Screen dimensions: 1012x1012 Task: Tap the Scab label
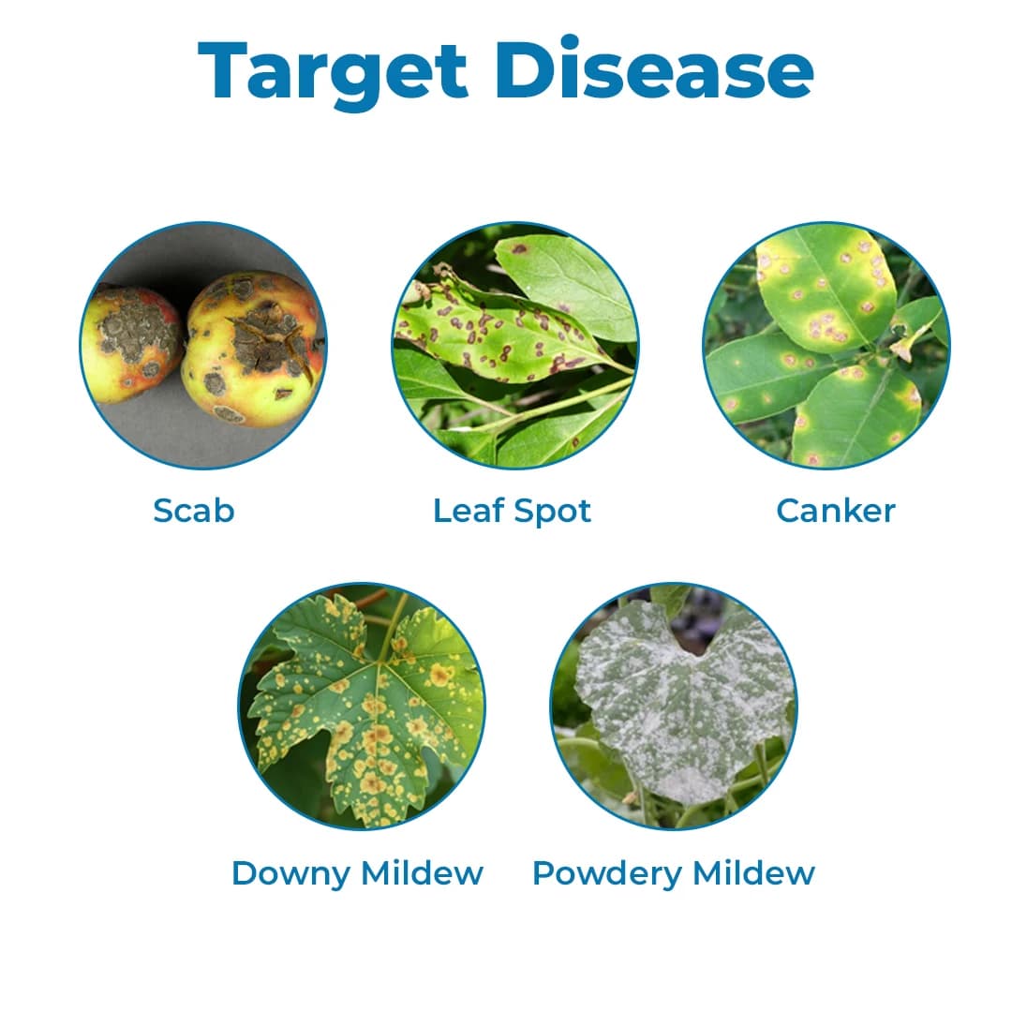(193, 511)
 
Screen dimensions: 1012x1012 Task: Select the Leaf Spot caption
(512, 511)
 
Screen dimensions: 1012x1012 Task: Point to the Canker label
(836, 511)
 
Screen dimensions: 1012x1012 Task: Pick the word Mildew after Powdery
(754, 873)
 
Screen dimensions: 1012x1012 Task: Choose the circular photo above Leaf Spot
(514, 345)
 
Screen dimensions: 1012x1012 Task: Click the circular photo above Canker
(826, 345)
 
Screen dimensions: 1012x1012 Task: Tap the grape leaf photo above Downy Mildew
(362, 707)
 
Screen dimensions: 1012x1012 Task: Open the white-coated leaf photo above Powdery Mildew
(673, 707)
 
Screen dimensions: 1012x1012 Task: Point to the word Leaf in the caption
(464, 511)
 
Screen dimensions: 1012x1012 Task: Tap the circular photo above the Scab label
(202, 345)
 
